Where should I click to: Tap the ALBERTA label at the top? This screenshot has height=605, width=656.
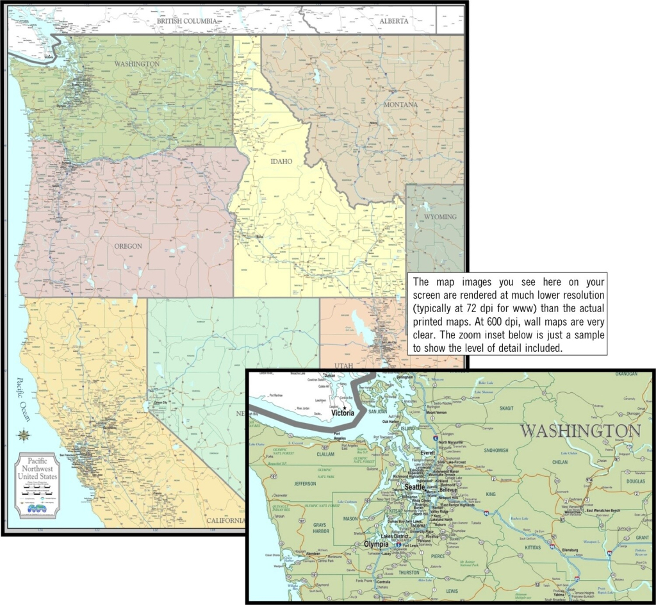pyautogui.click(x=394, y=21)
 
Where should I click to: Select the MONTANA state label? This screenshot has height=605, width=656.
pyautogui.click(x=400, y=104)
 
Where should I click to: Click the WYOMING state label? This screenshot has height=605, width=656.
pyautogui.click(x=440, y=217)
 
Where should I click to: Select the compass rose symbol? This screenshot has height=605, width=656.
pyautogui.click(x=24, y=435)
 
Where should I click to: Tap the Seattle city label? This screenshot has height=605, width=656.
pyautogui.click(x=414, y=487)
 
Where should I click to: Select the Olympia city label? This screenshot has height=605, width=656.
pyautogui.click(x=376, y=544)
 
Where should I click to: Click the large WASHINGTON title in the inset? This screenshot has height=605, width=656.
pyautogui.click(x=580, y=431)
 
